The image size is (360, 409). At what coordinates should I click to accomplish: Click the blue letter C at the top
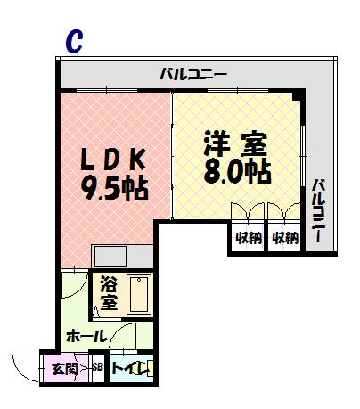click(74, 42)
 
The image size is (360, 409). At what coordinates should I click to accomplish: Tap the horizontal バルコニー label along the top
click(193, 74)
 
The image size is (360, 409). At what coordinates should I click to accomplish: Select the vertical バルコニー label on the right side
click(320, 210)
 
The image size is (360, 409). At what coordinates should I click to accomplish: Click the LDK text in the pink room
click(113, 159)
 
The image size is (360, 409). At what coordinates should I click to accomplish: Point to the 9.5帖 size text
click(114, 189)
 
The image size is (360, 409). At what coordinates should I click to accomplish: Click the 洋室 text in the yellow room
click(235, 144)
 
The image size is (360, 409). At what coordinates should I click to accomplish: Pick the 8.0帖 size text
click(237, 172)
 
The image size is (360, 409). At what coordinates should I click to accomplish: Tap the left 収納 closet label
click(249, 238)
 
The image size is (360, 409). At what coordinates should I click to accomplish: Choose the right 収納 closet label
click(285, 238)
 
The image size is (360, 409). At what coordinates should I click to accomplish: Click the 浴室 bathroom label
click(109, 293)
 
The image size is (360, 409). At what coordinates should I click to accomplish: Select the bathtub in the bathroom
click(139, 294)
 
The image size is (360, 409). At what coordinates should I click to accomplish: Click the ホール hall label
click(86, 337)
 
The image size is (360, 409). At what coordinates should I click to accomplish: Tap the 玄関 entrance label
click(64, 369)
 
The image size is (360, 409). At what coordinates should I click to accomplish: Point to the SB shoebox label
click(98, 367)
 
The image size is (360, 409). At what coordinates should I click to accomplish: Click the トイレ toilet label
click(129, 369)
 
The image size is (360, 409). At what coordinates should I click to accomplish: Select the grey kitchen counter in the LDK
click(122, 257)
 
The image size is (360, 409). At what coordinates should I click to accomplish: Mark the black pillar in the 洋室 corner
click(297, 96)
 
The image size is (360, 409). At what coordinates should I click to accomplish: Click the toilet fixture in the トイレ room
click(150, 369)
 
